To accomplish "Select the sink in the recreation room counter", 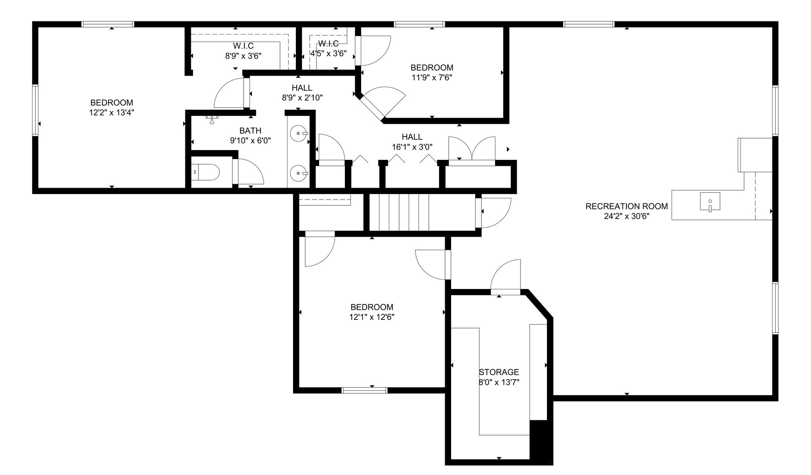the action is click(710, 201).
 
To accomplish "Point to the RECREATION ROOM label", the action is click(626, 206).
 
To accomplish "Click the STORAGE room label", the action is click(499, 372).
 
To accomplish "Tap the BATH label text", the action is click(250, 130).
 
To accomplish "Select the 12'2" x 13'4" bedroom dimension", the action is click(112, 113).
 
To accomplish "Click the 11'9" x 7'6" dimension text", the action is click(432, 78).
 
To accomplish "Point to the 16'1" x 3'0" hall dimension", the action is click(412, 147).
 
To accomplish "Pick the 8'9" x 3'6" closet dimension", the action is click(243, 56).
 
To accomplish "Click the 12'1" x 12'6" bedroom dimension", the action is click(372, 317).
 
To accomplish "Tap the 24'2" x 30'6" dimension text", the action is click(626, 216).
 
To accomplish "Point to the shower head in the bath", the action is click(212, 120).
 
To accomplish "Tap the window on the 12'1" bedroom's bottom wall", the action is click(364, 390).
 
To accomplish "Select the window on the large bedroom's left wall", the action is click(35, 110).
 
